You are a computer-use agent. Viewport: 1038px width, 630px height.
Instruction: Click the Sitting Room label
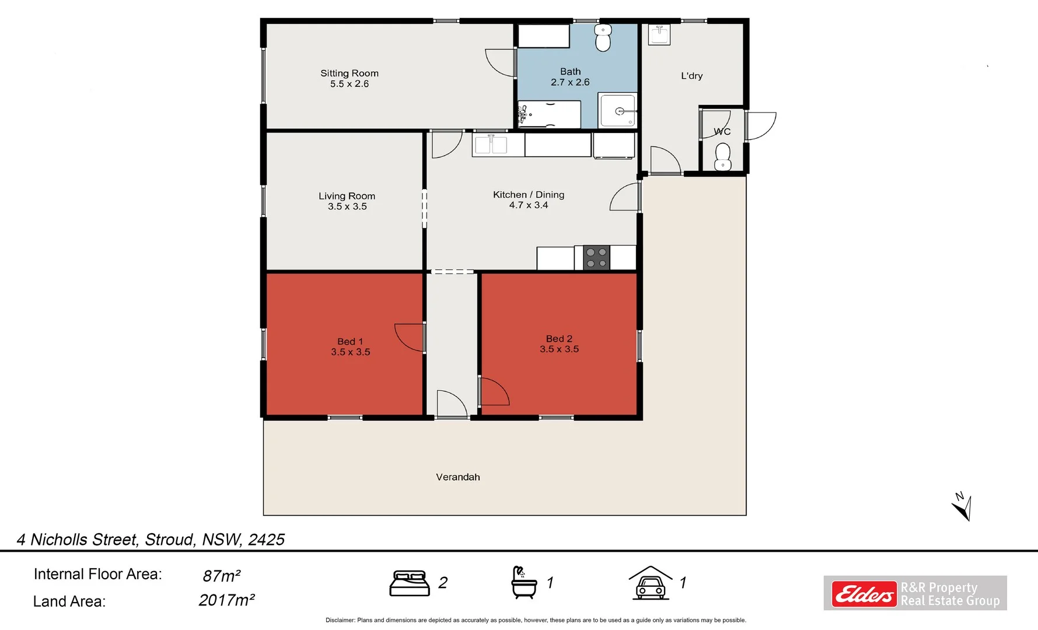click(349, 73)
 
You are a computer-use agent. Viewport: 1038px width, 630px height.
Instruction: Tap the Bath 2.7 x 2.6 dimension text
click(570, 82)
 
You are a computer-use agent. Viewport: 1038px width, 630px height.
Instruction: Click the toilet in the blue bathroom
click(603, 38)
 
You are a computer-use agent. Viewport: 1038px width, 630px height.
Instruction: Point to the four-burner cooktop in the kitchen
click(596, 258)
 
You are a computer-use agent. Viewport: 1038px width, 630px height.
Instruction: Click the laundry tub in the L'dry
click(659, 34)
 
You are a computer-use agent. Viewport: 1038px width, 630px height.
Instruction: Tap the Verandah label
click(457, 477)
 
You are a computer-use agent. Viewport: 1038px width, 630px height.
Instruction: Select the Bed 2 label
click(558, 339)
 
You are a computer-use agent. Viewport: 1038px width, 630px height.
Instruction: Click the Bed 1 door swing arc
click(408, 338)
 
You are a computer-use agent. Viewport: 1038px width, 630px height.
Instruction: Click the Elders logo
click(864, 594)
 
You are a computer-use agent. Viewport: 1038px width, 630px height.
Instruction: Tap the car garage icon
click(650, 583)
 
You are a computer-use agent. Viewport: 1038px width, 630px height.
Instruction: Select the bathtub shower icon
click(523, 582)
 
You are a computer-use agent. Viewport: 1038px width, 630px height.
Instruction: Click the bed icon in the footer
click(409, 583)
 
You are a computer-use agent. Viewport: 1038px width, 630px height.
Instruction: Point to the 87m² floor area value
click(221, 576)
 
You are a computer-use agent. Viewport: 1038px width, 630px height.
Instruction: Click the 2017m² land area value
click(226, 600)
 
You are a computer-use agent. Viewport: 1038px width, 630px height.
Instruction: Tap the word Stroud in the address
click(169, 540)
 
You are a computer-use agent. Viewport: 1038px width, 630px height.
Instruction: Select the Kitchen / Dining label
click(528, 195)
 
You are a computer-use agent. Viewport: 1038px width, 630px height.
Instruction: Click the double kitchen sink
click(491, 145)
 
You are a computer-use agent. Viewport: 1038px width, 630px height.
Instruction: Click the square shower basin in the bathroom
click(618, 111)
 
